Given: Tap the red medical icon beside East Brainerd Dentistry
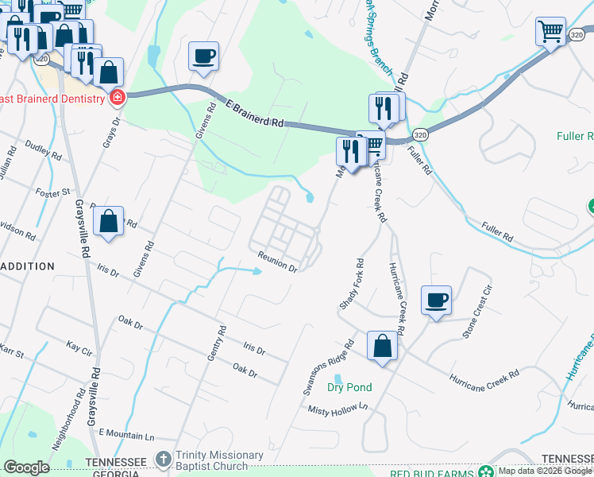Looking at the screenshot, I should (x=118, y=98).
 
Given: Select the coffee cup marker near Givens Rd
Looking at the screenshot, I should (x=203, y=56).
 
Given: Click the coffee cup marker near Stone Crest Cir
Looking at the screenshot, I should (x=436, y=301).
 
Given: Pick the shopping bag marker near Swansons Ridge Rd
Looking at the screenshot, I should (x=383, y=347).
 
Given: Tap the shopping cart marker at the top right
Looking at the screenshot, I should (x=550, y=33).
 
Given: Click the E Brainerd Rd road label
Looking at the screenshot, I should (x=255, y=114).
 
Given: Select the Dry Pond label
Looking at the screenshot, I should (x=349, y=388).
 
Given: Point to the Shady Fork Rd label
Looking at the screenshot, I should (x=351, y=284).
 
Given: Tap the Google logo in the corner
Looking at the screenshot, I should (x=26, y=467).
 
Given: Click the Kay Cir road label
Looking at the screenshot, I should (x=80, y=349).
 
